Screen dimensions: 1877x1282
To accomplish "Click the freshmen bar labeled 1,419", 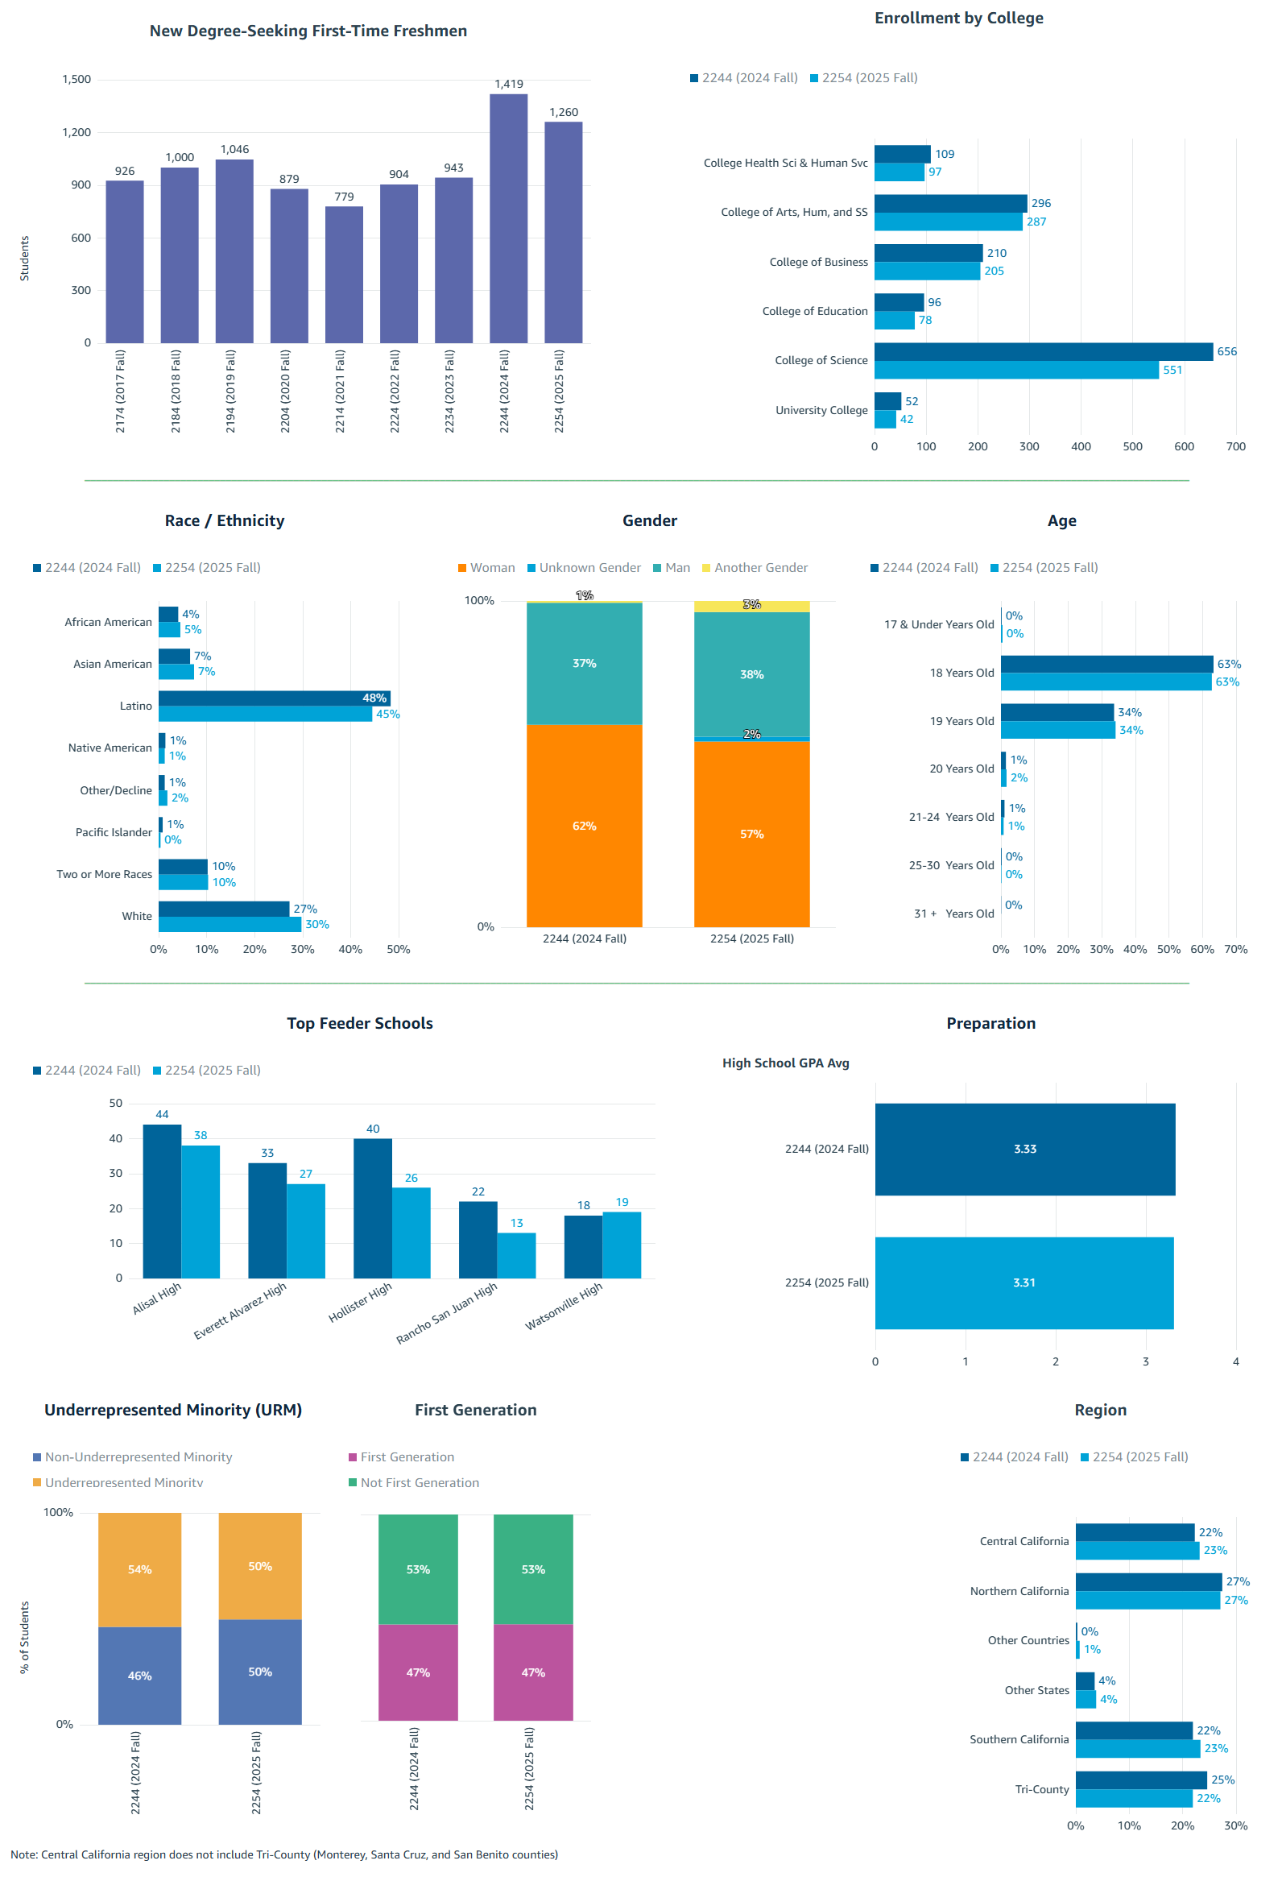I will (508, 218).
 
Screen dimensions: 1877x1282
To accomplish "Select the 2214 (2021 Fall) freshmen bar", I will (344, 275).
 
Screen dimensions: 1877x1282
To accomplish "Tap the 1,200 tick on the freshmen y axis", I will (77, 132).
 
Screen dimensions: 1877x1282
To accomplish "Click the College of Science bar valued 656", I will (1042, 351).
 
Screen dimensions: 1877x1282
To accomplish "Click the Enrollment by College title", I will (958, 18).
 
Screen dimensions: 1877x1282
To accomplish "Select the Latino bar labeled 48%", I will (274, 698).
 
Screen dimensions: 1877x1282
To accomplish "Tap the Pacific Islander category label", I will (113, 833).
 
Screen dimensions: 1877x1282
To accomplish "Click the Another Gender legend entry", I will (759, 568).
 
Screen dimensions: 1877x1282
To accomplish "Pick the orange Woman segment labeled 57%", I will (751, 835).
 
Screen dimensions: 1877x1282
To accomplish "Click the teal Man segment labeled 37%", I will (584, 664).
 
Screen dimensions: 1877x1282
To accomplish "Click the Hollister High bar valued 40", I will (372, 1208).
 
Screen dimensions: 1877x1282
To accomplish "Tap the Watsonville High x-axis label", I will (564, 1306).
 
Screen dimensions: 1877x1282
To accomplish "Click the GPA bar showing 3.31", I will (1023, 1282).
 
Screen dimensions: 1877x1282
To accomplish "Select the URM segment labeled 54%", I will (139, 1570).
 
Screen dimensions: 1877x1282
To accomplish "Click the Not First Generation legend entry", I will (419, 1483).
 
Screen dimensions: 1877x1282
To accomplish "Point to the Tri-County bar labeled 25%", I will (1140, 1780).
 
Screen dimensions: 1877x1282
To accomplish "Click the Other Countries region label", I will (1027, 1640).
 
